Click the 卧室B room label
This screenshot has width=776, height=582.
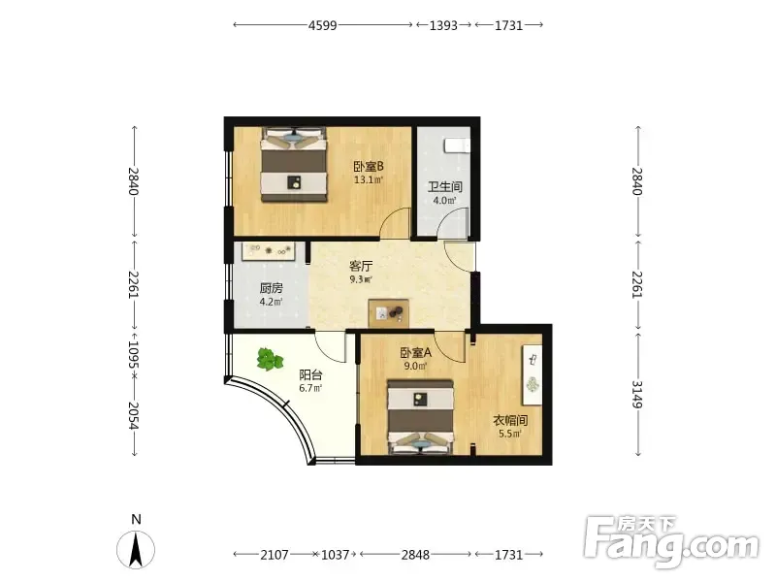pos(369,166)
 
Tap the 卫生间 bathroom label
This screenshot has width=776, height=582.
pos(445,186)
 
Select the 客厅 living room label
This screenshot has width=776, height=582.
pos(361,266)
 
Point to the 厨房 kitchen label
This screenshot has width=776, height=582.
pos(272,288)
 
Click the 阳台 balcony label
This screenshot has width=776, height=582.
pos(310,374)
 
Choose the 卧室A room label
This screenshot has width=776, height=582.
pos(416,353)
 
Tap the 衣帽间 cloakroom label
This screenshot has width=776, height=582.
pos(510,421)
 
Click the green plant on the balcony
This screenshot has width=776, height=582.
pos(270,359)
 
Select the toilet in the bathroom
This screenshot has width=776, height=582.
pos(457,145)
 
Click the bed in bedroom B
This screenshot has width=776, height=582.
pos(295,165)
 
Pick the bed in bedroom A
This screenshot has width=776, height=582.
pos(420,416)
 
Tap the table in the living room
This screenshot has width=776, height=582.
pos(389,312)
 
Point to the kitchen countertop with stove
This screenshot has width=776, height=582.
pos(269,251)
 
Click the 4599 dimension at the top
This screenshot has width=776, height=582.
pos(323,25)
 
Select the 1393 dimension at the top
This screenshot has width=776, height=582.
pos(443,25)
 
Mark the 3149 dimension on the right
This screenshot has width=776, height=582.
pos(637,395)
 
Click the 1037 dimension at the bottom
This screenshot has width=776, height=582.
pos(336,555)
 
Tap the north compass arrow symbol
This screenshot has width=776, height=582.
pos(136,549)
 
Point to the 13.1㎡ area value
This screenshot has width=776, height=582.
pos(369,179)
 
